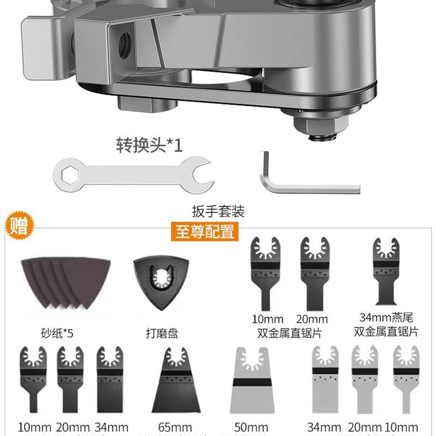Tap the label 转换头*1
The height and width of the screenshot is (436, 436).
click(x=149, y=146)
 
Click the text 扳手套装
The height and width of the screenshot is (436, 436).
click(x=218, y=211)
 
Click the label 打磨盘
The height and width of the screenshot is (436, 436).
click(x=162, y=332)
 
